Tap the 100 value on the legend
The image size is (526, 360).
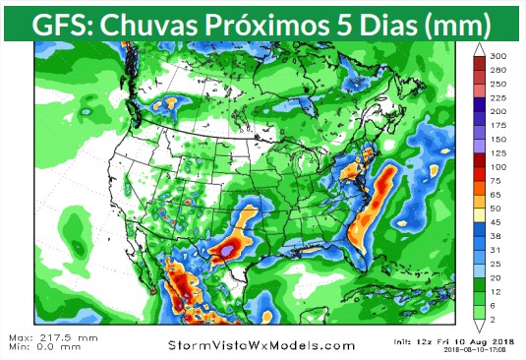[498, 167]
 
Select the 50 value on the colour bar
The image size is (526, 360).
[498, 210]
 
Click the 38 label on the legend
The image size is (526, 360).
[498, 238]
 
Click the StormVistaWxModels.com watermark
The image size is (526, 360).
[262, 345]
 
